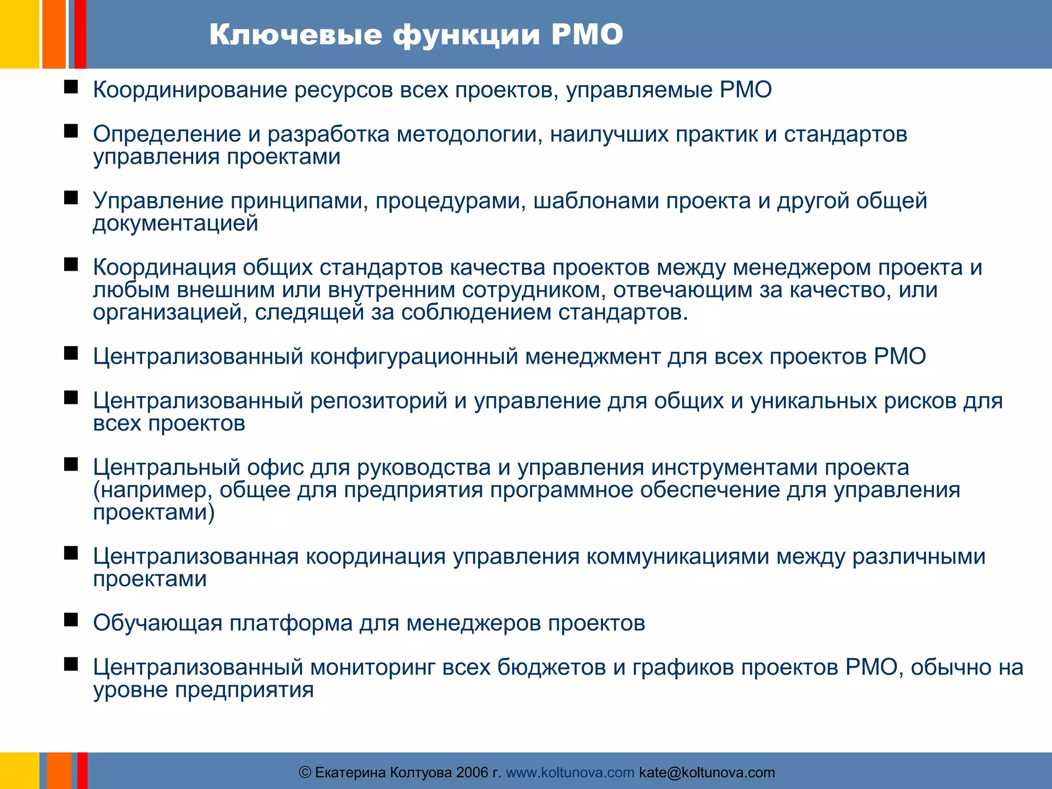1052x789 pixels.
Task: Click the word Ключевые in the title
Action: click(295, 35)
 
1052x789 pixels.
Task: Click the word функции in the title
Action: click(466, 35)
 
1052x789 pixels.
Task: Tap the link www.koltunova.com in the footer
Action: click(570, 772)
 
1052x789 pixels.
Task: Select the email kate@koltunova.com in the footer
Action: click(707, 772)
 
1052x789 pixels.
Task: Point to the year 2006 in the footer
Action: click(472, 772)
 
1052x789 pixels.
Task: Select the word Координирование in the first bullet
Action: click(190, 90)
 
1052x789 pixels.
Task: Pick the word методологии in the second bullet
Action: click(469, 135)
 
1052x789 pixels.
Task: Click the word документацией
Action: click(175, 223)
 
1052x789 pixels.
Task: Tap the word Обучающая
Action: click(158, 623)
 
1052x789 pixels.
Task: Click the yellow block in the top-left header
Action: click(19, 34)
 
